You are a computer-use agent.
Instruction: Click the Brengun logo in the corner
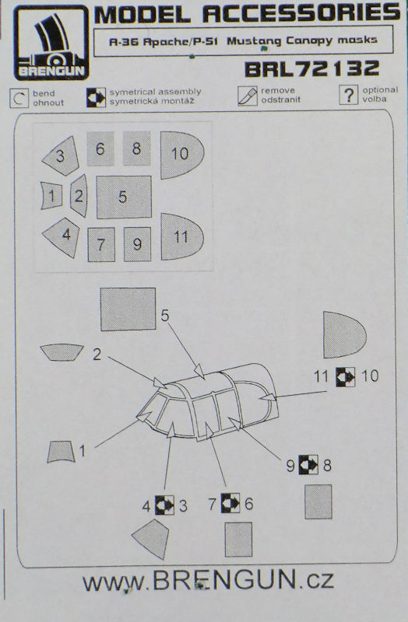coord(51,43)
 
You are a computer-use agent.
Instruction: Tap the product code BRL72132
coord(312,69)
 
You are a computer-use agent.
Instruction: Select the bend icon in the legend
coord(19,98)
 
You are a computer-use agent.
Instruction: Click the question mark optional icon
coord(348,95)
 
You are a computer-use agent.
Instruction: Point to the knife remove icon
coord(247,96)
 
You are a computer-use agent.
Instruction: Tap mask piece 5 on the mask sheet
coord(124,197)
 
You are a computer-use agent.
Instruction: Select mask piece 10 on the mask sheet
coord(181,155)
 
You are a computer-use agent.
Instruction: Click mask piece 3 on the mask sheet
coord(61,156)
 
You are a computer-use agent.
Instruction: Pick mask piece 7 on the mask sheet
coord(101,244)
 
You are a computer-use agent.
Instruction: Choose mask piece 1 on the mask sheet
coord(51,196)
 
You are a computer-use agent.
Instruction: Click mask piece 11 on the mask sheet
coord(181,237)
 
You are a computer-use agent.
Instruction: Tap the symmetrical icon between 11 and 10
coord(345,376)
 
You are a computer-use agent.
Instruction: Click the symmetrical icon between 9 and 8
coord(308,464)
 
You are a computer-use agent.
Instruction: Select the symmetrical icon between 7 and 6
coord(230,503)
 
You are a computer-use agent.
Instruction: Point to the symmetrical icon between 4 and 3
coord(164,506)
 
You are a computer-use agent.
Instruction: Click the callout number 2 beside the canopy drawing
coord(97,355)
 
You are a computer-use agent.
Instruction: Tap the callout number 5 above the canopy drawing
coord(165,316)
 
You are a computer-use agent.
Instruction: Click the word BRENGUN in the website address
coord(224,580)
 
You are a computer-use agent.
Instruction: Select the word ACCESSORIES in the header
coord(301,14)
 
